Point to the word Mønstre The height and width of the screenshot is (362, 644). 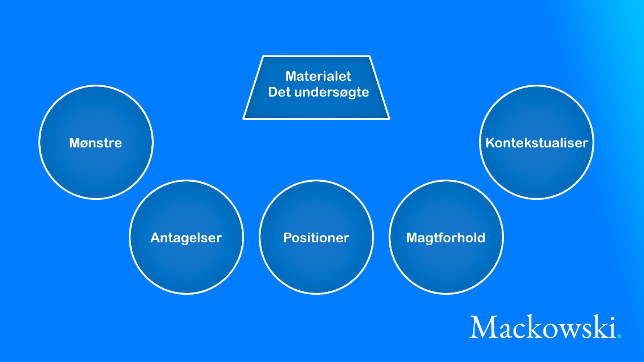click(95, 143)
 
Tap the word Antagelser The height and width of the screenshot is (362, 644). click(186, 238)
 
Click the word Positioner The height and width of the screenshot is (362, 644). click(316, 238)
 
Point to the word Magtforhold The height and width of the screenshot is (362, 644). click(446, 238)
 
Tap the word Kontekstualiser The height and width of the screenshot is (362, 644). click(537, 143)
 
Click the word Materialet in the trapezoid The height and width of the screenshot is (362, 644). click(318, 76)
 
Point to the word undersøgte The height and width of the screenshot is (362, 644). click(332, 93)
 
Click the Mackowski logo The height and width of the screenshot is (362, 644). click(546, 327)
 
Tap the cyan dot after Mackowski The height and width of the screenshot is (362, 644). click(619, 337)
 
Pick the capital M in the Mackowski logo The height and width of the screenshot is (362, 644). click(484, 327)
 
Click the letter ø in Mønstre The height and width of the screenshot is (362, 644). click(88, 144)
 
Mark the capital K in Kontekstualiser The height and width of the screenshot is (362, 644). click(490, 143)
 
